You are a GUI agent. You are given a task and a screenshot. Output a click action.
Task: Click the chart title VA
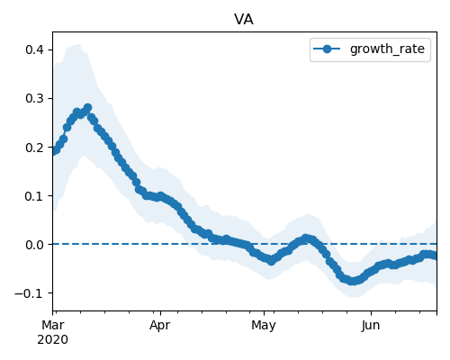point(244,20)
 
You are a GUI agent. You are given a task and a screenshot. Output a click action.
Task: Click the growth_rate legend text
point(387,49)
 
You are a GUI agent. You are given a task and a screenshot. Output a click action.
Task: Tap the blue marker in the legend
point(327,49)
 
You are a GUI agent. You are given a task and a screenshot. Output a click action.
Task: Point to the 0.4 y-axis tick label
point(35,49)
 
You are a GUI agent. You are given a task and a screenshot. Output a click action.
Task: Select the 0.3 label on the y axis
point(35,98)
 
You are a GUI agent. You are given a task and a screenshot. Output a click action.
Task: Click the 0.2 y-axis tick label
point(35,148)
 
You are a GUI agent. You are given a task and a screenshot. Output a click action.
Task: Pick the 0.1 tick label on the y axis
point(35,196)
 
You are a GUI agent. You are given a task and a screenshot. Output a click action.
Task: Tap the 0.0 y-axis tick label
point(35,245)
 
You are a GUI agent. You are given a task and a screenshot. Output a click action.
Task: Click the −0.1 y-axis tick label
point(30,293)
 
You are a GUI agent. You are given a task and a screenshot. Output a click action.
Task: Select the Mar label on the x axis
point(53,325)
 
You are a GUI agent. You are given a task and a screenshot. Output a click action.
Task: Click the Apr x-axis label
point(160,325)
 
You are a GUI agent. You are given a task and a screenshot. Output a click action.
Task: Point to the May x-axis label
point(264,325)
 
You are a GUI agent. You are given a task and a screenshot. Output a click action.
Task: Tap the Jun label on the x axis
point(371,325)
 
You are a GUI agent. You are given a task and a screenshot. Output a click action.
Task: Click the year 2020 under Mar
point(53,340)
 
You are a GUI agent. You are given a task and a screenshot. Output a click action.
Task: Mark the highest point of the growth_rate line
point(87,107)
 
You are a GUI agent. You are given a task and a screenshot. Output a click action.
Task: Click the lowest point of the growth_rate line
point(353,281)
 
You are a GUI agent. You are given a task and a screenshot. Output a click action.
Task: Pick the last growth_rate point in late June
point(436,256)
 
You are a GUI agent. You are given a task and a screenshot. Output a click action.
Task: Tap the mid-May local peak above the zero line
point(306,238)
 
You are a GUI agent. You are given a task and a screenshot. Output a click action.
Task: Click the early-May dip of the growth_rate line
point(271,261)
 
